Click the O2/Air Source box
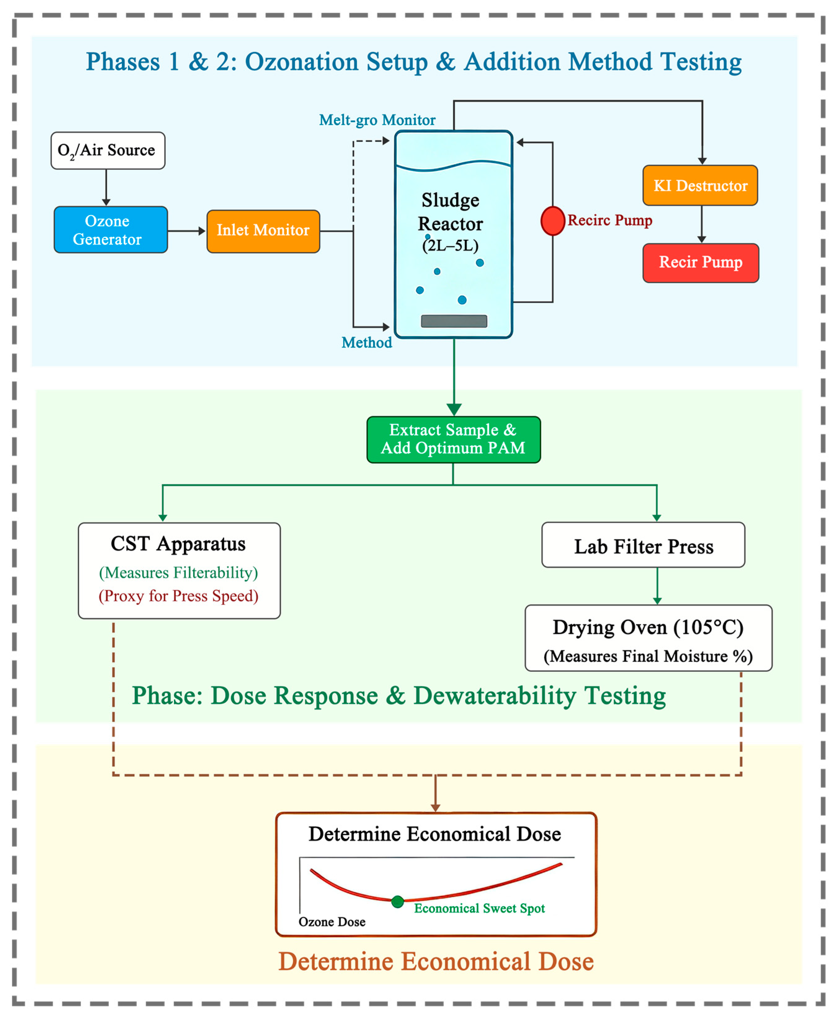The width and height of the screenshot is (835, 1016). click(108, 151)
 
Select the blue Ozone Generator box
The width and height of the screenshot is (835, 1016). click(111, 230)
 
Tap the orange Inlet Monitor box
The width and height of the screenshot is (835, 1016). click(263, 231)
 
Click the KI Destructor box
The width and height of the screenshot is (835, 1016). click(700, 186)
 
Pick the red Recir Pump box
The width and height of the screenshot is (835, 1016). click(701, 263)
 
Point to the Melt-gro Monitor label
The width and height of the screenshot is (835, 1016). click(377, 120)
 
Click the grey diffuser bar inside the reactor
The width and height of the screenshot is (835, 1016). click(454, 321)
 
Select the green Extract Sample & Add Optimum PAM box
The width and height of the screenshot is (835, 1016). click(454, 440)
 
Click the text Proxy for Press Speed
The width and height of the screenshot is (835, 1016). click(179, 596)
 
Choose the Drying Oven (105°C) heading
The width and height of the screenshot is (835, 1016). click(648, 628)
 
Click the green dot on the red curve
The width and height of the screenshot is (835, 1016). click(397, 902)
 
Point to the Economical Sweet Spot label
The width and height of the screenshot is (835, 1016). click(480, 908)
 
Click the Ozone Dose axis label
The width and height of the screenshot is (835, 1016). click(332, 922)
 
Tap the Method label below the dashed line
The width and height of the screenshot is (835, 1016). click(366, 342)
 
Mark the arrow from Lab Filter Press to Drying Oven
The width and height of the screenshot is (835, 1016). click(657, 586)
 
